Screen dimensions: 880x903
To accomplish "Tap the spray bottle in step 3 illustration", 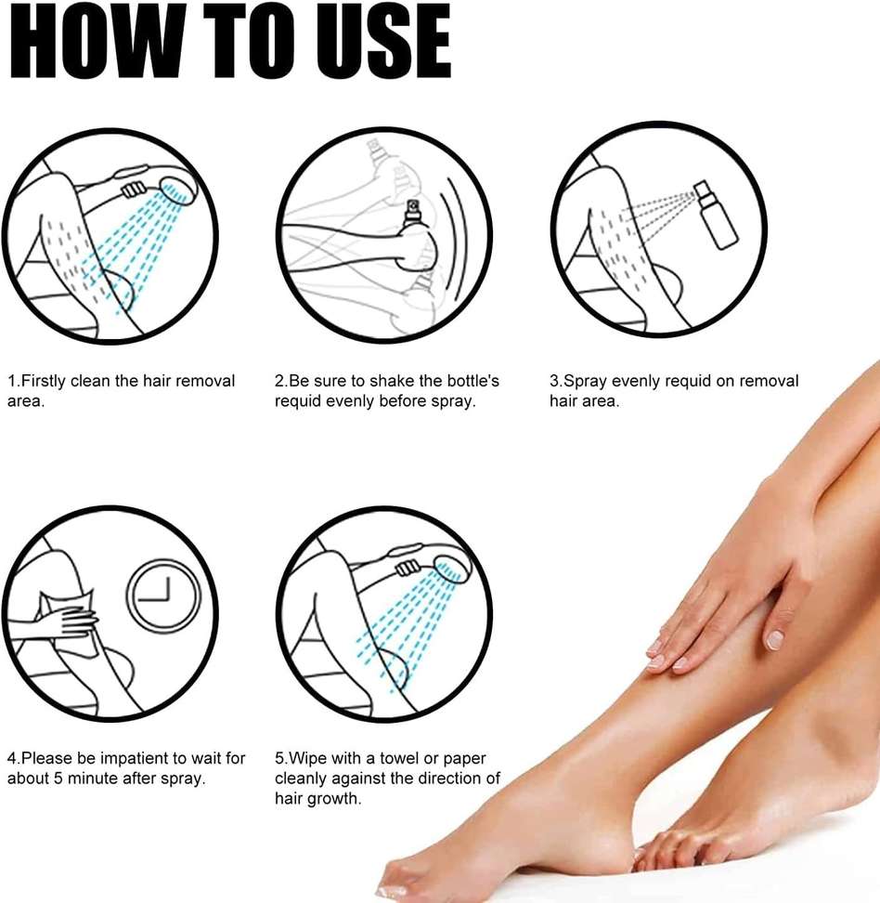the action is [716, 215].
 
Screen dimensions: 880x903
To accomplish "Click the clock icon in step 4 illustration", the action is [163, 595].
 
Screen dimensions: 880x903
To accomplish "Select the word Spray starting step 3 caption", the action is [585, 381].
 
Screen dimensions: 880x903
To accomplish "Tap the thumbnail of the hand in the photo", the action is [775, 638].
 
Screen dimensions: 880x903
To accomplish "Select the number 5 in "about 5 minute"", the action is [58, 779].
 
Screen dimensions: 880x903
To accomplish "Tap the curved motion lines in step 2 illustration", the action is [457, 238].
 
